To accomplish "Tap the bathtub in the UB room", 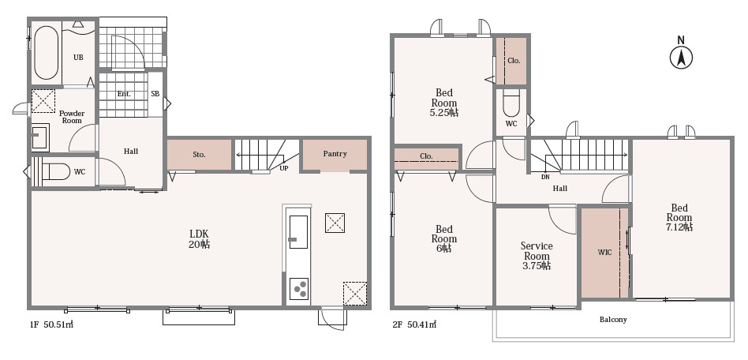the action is (x=47, y=53).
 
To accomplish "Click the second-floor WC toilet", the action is (x=511, y=105).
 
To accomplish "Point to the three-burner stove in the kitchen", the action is (x=299, y=289).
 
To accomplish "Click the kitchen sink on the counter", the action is (x=298, y=232).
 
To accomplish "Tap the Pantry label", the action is (x=335, y=154).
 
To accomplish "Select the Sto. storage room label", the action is (x=199, y=155).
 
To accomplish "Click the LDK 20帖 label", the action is (x=200, y=238).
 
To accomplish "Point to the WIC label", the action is (x=604, y=253).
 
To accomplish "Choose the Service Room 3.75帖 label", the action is (x=537, y=256).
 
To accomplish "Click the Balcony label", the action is (x=613, y=320).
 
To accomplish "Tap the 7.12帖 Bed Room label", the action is (x=679, y=217).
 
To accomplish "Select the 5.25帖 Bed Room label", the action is (x=444, y=103).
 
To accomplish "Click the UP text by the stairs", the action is (x=284, y=168).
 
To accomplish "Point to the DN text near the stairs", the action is (x=545, y=177).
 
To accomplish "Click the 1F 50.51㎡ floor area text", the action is (x=51, y=324).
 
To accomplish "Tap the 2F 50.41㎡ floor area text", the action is (x=414, y=324).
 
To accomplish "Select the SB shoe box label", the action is (x=155, y=94).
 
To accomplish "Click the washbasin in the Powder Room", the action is (x=40, y=137).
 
